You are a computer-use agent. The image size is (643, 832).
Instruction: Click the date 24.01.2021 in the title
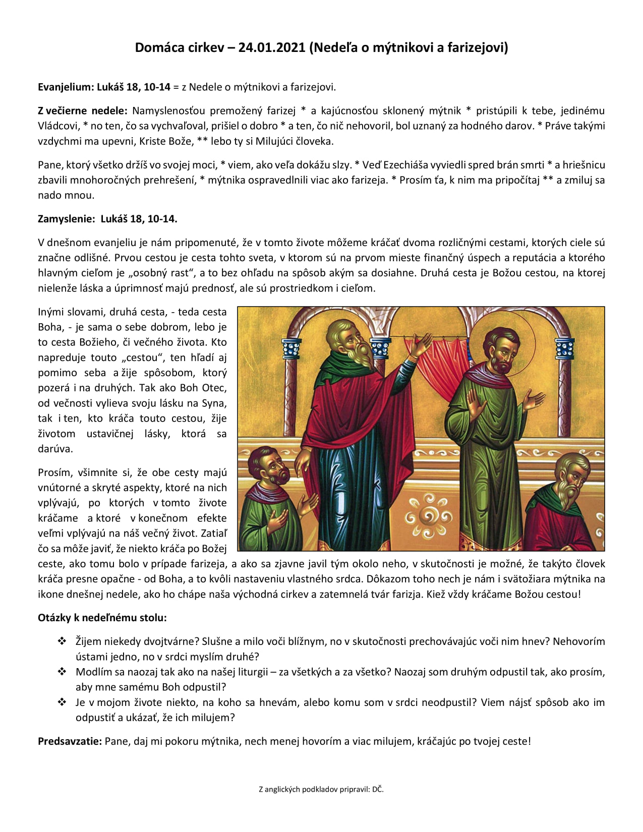point(272,47)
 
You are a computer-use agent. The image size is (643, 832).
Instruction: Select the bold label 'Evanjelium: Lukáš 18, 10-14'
point(104,87)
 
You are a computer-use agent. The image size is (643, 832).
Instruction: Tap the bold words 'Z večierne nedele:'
point(83,110)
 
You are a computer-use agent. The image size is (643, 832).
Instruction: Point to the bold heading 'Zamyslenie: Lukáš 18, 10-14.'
point(107,219)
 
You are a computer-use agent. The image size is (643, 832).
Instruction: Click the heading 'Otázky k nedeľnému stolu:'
point(102,618)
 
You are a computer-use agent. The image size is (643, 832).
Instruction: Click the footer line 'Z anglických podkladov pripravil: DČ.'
point(321,789)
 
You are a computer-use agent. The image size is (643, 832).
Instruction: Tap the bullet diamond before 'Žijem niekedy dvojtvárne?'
point(62,641)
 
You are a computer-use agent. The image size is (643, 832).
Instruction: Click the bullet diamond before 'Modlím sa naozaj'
point(62,672)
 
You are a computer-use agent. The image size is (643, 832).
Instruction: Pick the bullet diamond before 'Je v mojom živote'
point(62,702)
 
